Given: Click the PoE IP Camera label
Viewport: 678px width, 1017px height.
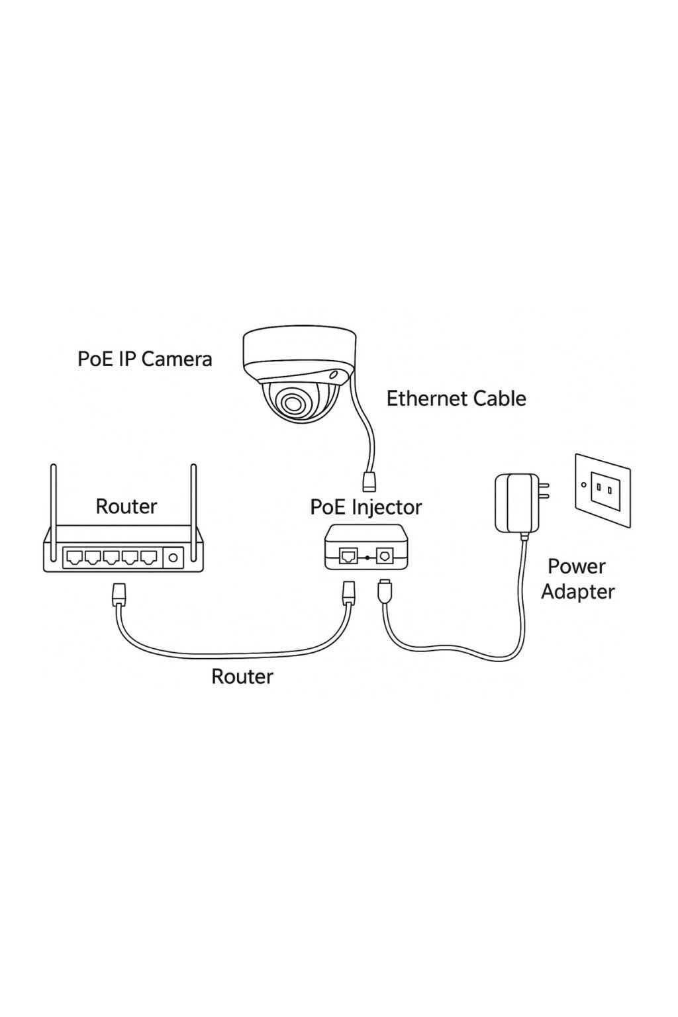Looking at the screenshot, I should (x=144, y=359).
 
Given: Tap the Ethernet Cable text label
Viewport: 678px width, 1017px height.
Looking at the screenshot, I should (x=456, y=399).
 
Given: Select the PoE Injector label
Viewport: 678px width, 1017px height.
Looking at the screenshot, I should (x=365, y=507).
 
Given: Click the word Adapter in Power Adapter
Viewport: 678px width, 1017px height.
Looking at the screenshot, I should (x=577, y=591).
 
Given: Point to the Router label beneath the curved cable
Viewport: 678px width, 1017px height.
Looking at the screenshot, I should (x=242, y=677).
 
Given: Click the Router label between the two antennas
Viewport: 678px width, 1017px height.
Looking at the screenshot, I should (x=126, y=507).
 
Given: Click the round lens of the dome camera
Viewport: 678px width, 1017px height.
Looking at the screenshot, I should (x=291, y=401).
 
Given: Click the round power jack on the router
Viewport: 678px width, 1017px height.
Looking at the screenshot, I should (x=173, y=558).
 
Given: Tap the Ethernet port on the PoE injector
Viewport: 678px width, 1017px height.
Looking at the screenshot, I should (x=348, y=556).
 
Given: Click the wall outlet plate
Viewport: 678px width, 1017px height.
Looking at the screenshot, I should (x=603, y=490).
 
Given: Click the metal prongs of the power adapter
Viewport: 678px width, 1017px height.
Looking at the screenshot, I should (x=544, y=491).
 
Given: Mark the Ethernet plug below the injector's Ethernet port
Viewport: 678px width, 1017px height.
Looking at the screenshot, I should (x=348, y=591).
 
